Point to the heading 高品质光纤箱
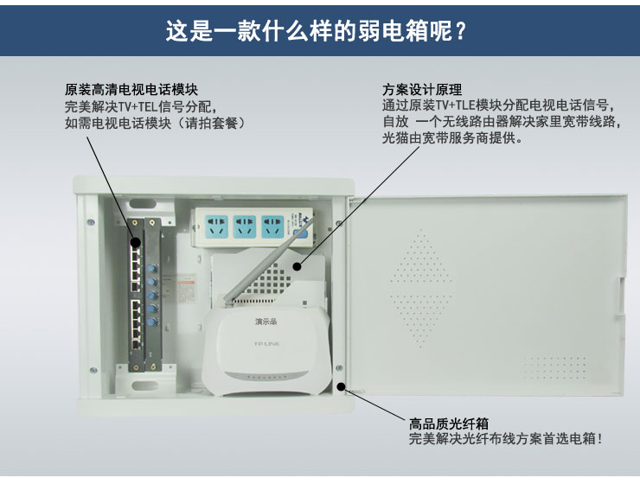tap(449, 424)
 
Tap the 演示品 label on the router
tap(266, 323)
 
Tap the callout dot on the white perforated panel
tap(296, 265)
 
